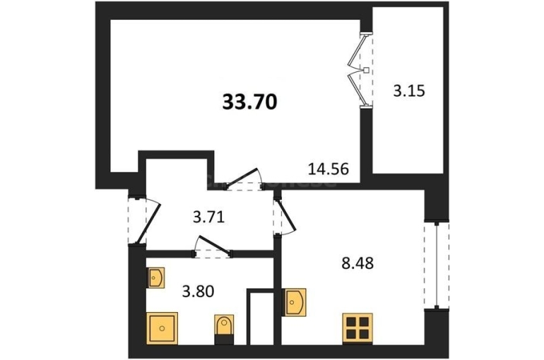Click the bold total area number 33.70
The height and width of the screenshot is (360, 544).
tap(249, 102)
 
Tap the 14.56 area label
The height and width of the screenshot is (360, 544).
tap(329, 169)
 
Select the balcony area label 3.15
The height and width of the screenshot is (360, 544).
tap(409, 91)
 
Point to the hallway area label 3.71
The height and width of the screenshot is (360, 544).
tap(209, 217)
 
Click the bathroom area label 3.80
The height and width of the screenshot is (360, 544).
tap(198, 291)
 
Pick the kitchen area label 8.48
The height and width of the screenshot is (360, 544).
tap(357, 263)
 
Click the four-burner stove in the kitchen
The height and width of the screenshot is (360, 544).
tap(357, 328)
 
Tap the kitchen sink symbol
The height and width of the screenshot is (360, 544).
tap(294, 302)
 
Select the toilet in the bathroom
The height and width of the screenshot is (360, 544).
tap(224, 330)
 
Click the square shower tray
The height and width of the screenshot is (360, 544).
tap(162, 328)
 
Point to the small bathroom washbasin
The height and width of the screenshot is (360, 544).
tap(155, 277)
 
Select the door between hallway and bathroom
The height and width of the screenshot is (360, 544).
tap(213, 246)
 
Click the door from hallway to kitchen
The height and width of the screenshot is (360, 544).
tap(286, 216)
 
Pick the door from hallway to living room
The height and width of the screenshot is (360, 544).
tap(244, 179)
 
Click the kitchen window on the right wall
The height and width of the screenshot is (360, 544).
tap(437, 265)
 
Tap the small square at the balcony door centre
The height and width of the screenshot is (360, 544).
tap(366, 71)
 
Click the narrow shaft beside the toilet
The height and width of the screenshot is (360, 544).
tap(260, 318)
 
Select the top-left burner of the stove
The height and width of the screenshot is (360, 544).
tap(351, 322)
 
